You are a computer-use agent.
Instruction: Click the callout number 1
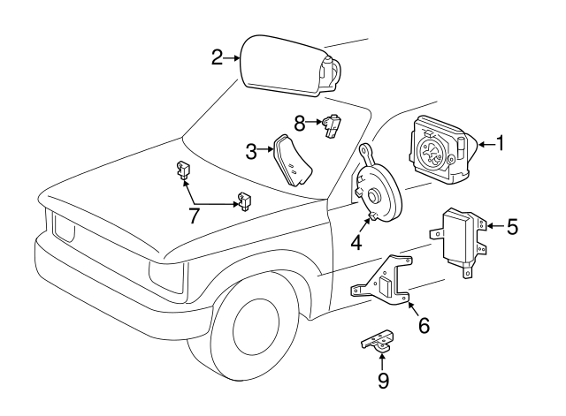[x=501, y=142]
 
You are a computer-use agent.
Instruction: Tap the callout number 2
[x=218, y=58]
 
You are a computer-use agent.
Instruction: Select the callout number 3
[x=251, y=151]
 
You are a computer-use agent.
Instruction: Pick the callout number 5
[x=512, y=227]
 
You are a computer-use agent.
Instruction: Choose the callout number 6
[x=424, y=325]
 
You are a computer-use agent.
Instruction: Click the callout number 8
[x=300, y=121]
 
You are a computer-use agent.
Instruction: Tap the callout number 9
[x=382, y=381]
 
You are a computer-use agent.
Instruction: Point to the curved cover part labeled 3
[x=292, y=161]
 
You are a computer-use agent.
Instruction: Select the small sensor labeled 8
[x=332, y=125]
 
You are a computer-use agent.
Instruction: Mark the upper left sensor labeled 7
[x=183, y=168]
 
